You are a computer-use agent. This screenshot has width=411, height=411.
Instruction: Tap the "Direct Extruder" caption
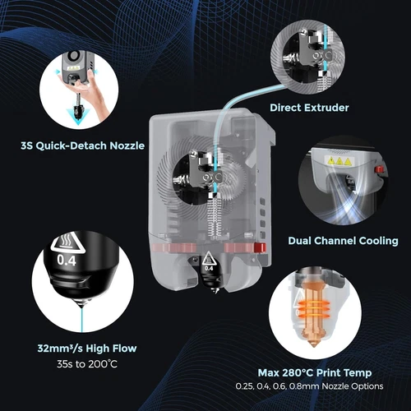tap(308, 107)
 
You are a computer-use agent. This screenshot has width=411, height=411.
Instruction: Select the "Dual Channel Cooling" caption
tap(343, 241)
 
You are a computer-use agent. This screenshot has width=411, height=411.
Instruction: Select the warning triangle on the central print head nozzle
tap(208, 256)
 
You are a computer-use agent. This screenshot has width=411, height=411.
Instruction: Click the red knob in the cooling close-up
tap(380, 171)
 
